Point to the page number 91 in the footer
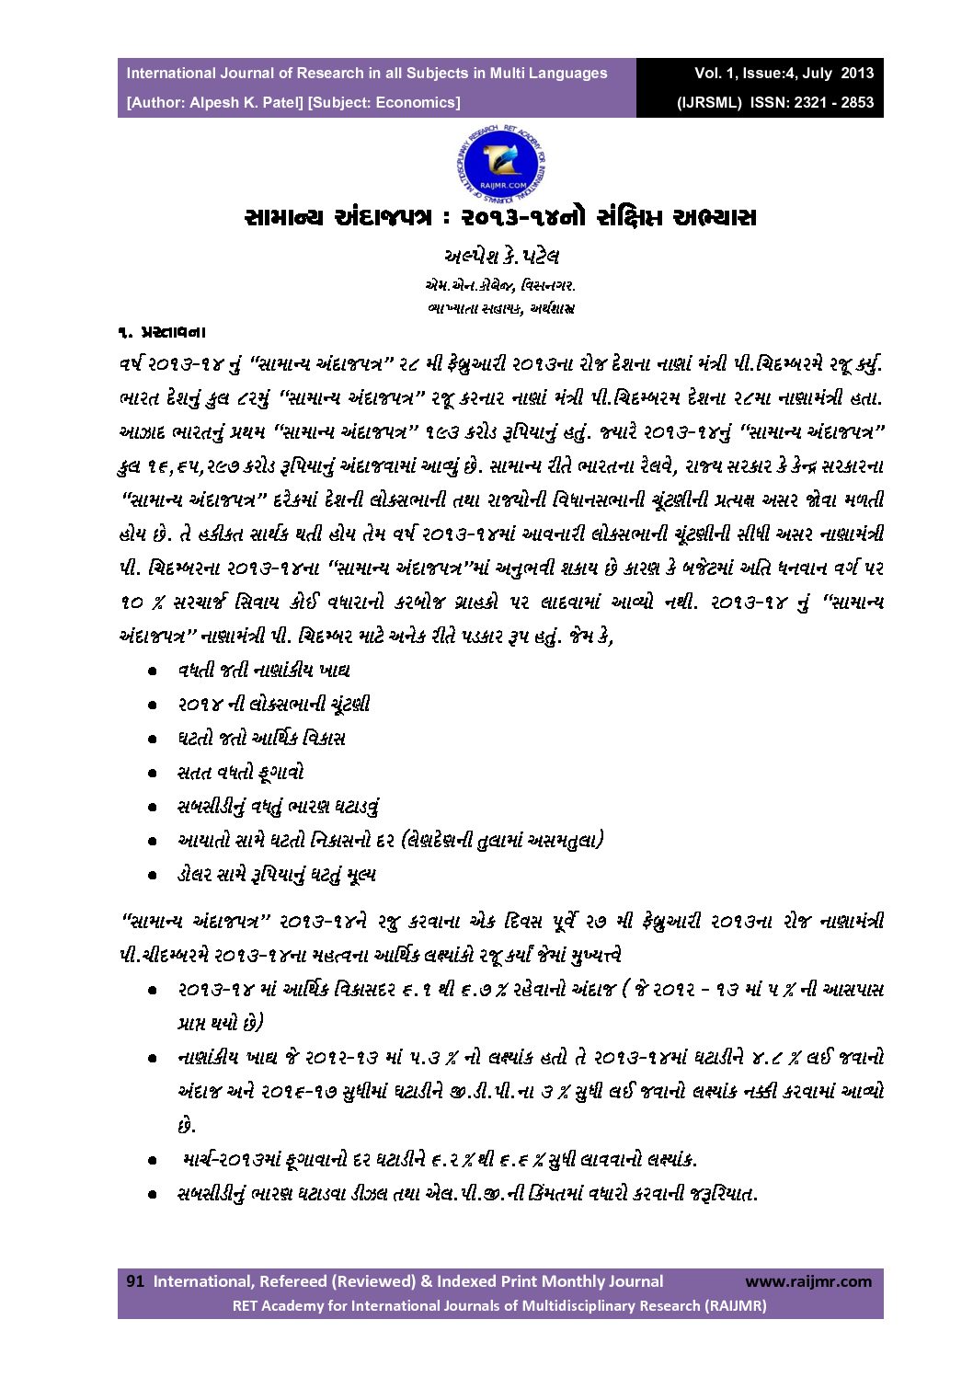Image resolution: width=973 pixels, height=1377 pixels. click(135, 1281)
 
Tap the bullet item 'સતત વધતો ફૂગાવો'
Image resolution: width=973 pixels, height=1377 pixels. click(241, 773)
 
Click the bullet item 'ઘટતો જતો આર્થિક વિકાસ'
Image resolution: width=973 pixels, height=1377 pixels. click(262, 739)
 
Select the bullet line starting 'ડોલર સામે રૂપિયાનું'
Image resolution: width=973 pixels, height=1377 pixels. click(277, 875)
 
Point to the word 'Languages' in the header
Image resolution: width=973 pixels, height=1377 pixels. click(571, 74)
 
